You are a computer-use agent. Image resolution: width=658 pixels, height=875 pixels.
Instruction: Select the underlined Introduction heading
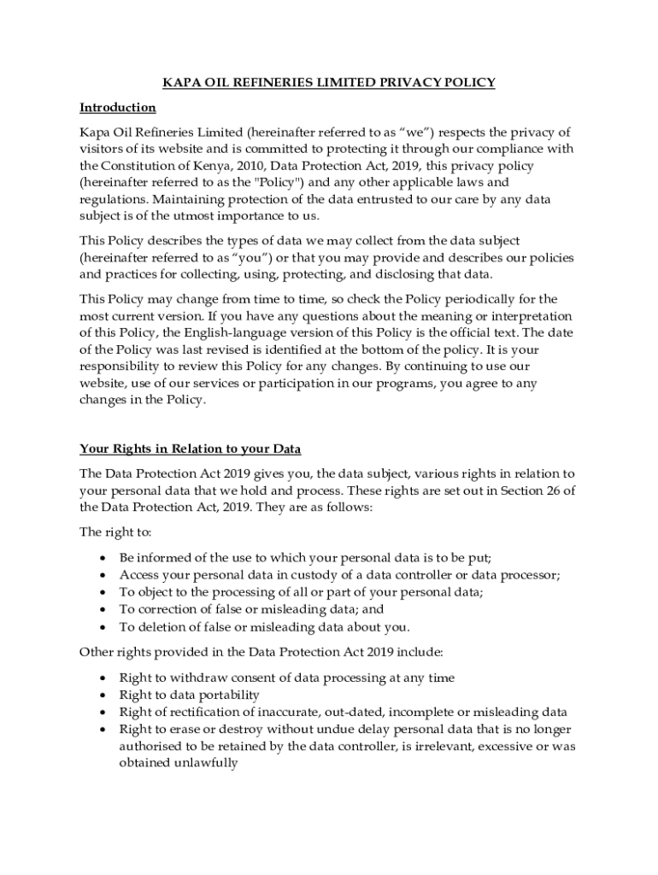(x=117, y=108)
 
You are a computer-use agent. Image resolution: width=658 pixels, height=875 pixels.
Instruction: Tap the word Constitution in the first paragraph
(x=145, y=166)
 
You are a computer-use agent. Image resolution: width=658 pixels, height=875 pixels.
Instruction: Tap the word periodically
(x=444, y=300)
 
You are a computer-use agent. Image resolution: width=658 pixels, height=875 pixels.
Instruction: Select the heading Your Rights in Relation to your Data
(x=190, y=449)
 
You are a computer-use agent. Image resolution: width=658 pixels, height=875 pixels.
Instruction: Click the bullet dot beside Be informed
(x=103, y=558)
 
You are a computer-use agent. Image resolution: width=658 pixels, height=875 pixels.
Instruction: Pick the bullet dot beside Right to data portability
(x=103, y=696)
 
